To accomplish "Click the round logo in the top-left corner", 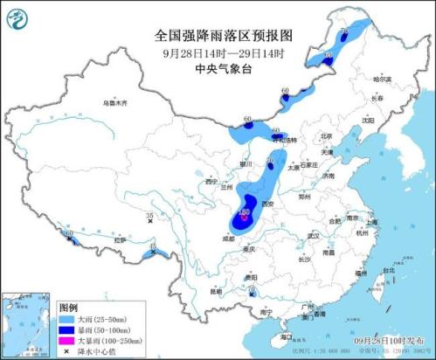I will [17, 16].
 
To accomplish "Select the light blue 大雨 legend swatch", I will [67, 321].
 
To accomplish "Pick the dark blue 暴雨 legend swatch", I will [67, 331].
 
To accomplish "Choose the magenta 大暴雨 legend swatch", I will [67, 342].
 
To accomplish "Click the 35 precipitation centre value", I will [149, 215].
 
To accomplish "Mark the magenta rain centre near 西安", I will [246, 211].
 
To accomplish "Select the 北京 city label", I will [326, 136].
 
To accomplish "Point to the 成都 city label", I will [228, 237].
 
